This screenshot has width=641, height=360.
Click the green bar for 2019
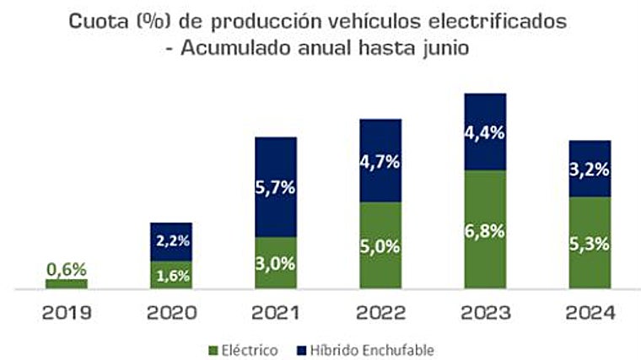pos(66,283)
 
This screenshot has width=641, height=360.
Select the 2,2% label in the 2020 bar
pos(171,241)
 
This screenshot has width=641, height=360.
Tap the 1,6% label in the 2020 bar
pos(171,275)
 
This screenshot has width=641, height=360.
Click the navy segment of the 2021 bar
pos(276,186)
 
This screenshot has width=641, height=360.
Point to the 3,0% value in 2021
pos(276,263)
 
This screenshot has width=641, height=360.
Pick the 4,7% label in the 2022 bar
pos(380,160)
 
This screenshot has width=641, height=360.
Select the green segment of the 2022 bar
pos(380,245)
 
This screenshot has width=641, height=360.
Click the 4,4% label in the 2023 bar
pos(485,132)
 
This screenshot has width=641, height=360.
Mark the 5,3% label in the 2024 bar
pos(590,244)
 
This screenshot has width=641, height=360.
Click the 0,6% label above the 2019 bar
pos(66,269)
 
